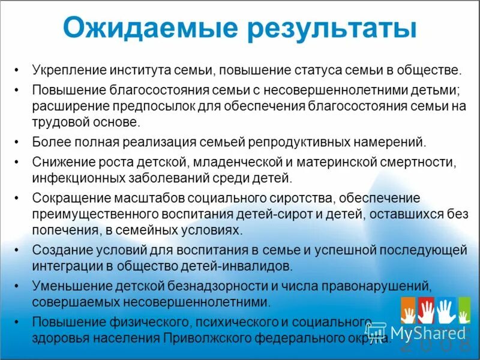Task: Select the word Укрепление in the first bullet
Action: (x=68, y=70)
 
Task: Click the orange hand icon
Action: (x=409, y=311)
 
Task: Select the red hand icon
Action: (x=426, y=311)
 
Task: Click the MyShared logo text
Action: (x=428, y=332)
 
